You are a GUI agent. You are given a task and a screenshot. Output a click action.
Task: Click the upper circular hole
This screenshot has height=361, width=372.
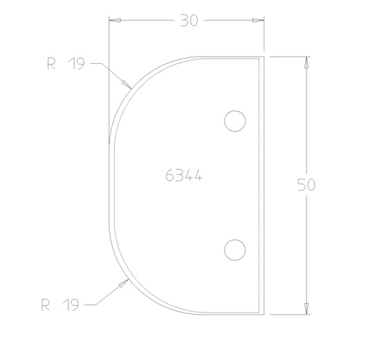pyautogui.click(x=234, y=121)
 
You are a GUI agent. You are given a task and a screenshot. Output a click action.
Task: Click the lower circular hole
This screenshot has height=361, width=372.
pyautogui.click(x=234, y=250)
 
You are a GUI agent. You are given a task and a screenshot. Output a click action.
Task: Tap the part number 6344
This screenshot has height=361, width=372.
pyautogui.click(x=183, y=175)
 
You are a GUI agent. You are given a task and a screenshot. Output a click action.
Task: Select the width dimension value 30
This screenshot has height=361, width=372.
pyautogui.click(x=189, y=21)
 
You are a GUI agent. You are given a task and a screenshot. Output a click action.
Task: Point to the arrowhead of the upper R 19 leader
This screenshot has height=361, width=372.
pyautogui.click(x=129, y=86)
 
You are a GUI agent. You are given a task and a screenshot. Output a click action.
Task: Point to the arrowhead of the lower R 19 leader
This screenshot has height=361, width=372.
pyautogui.click(x=129, y=281)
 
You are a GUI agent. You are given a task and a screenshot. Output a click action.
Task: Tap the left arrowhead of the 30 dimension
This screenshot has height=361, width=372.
pyautogui.click(x=113, y=21)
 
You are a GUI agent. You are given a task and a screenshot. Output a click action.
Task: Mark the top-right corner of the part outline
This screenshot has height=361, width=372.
pyautogui.click(x=262, y=56)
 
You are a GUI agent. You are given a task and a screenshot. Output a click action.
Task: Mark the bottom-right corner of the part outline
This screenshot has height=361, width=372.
pyautogui.click(x=262, y=315)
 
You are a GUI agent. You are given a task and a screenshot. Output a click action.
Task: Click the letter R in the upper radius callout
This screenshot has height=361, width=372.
pyautogui.click(x=51, y=64)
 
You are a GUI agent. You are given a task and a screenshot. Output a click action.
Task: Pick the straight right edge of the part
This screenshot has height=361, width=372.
pyautogui.click(x=262, y=185)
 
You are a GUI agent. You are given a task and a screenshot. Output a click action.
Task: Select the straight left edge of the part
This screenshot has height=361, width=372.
pyautogui.click(x=109, y=185)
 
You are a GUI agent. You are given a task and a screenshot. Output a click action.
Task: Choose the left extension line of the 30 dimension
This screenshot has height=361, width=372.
pyautogui.click(x=109, y=65)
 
